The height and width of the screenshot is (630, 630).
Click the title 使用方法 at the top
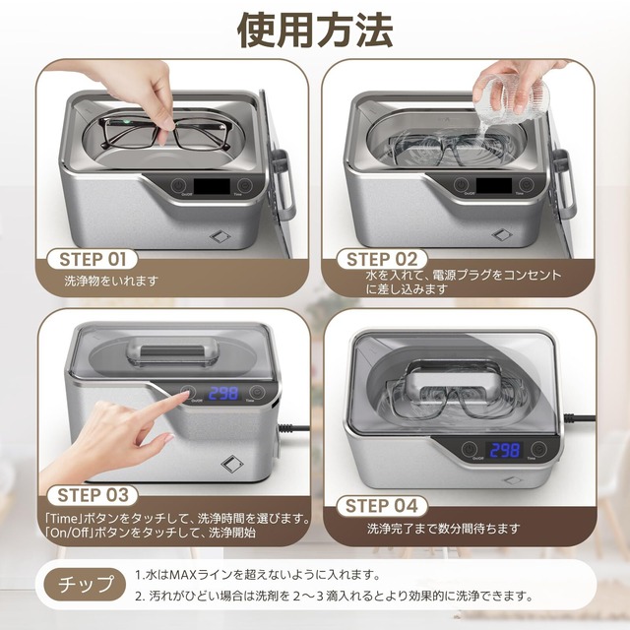(x=315, y=30)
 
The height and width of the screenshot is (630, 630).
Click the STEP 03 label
(x=94, y=494)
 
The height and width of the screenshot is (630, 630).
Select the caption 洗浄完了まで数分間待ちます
(x=444, y=529)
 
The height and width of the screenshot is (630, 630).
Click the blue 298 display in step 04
(x=504, y=449)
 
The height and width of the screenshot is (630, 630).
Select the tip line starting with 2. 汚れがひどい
(x=335, y=596)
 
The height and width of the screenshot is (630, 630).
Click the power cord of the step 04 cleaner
(x=591, y=423)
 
